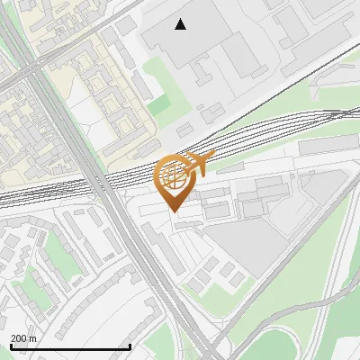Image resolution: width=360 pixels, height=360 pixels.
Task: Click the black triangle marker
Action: [181, 24]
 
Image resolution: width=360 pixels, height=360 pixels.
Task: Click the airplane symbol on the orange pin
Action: [200, 164]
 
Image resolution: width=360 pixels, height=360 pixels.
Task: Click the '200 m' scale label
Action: [23, 337]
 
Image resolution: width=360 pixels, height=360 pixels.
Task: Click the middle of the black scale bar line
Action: [70, 347]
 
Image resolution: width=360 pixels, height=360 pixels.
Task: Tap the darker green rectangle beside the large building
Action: [158, 105]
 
